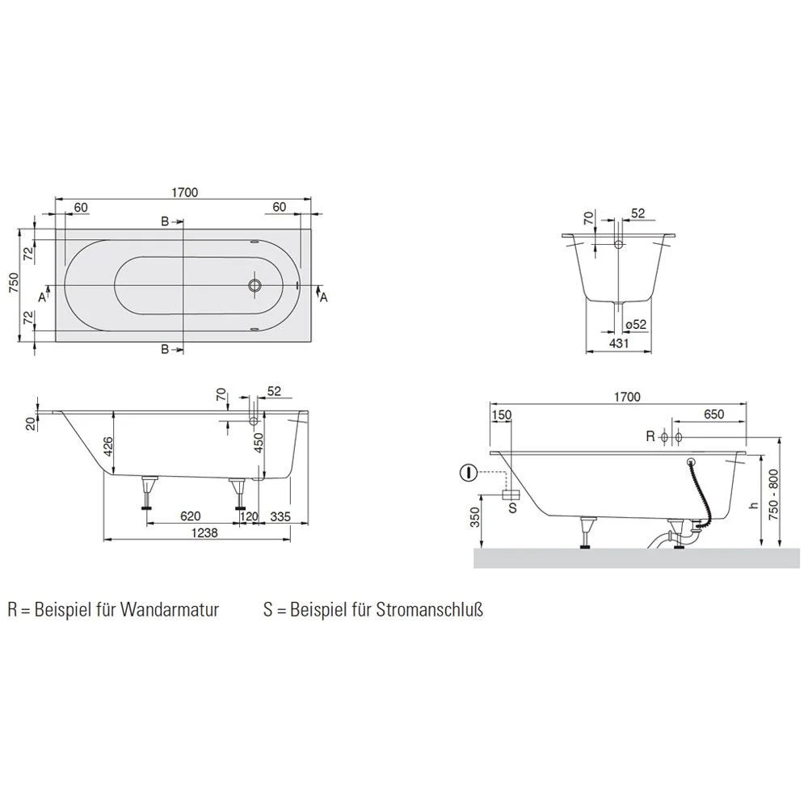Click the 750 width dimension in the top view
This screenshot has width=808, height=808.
(x=14, y=282)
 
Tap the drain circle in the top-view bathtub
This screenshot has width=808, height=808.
(x=255, y=285)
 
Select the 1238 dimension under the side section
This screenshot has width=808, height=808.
(x=204, y=532)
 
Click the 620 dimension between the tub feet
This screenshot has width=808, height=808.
(x=191, y=516)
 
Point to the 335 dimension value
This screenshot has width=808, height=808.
(x=280, y=516)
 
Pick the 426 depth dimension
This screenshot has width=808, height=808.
(x=108, y=446)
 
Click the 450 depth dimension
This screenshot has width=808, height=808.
(x=259, y=443)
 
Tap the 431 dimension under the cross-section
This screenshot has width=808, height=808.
(x=618, y=343)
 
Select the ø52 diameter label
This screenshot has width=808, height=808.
(x=635, y=325)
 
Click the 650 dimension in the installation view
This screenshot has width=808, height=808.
(x=713, y=414)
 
